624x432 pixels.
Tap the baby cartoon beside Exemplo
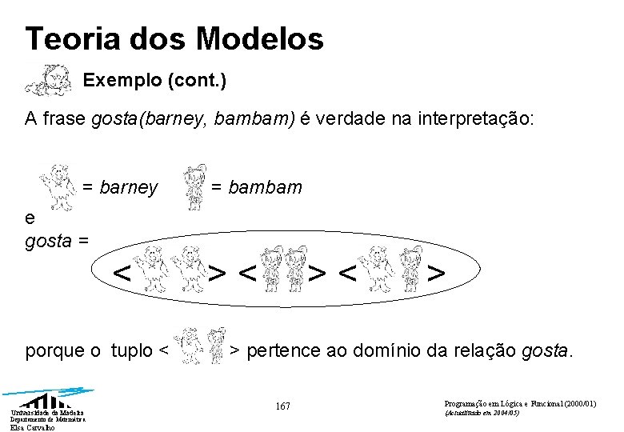click(x=48, y=79)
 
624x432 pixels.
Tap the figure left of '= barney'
click(x=58, y=183)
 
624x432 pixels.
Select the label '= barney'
click(x=120, y=187)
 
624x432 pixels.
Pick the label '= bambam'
click(x=257, y=187)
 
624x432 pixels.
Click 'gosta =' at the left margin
click(x=57, y=241)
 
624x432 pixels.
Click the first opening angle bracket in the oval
click(x=122, y=274)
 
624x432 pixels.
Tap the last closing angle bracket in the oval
click(x=436, y=274)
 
